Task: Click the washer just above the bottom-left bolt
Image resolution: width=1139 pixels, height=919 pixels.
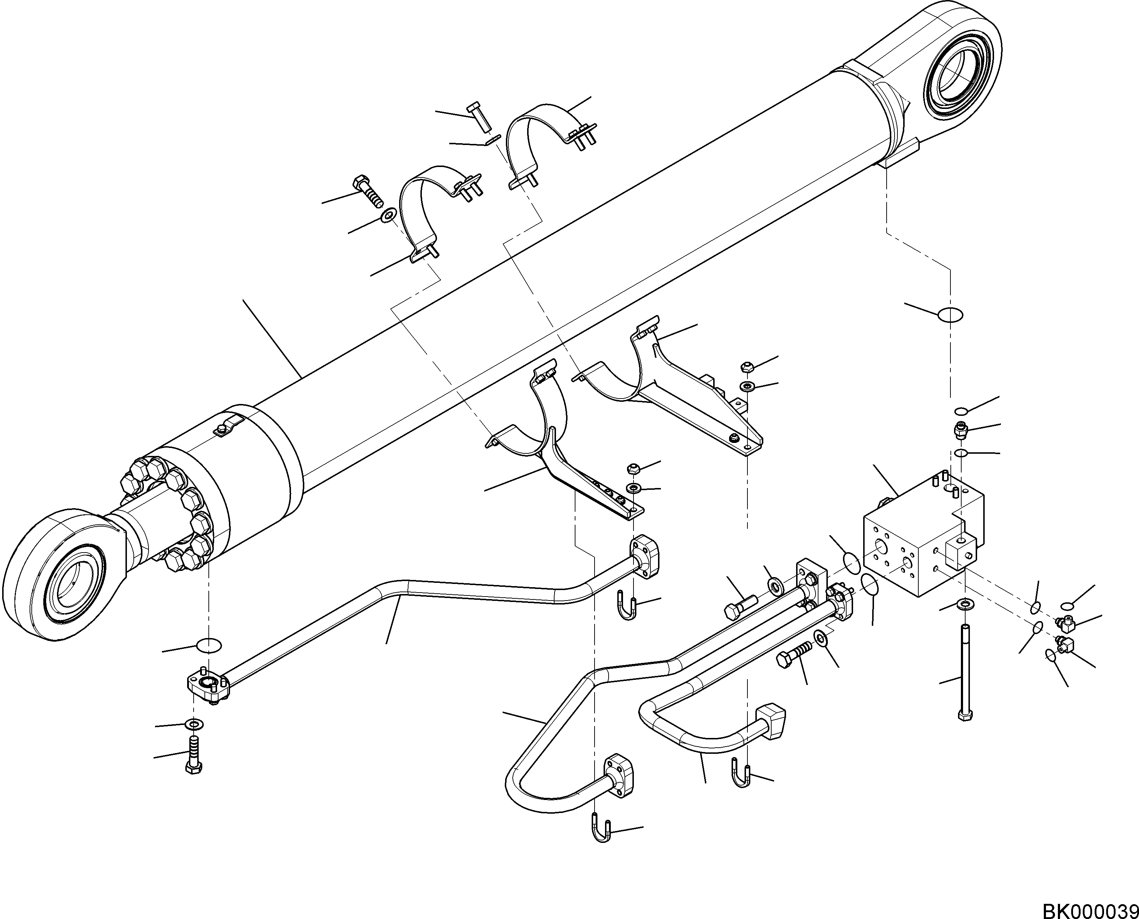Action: click(x=195, y=724)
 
